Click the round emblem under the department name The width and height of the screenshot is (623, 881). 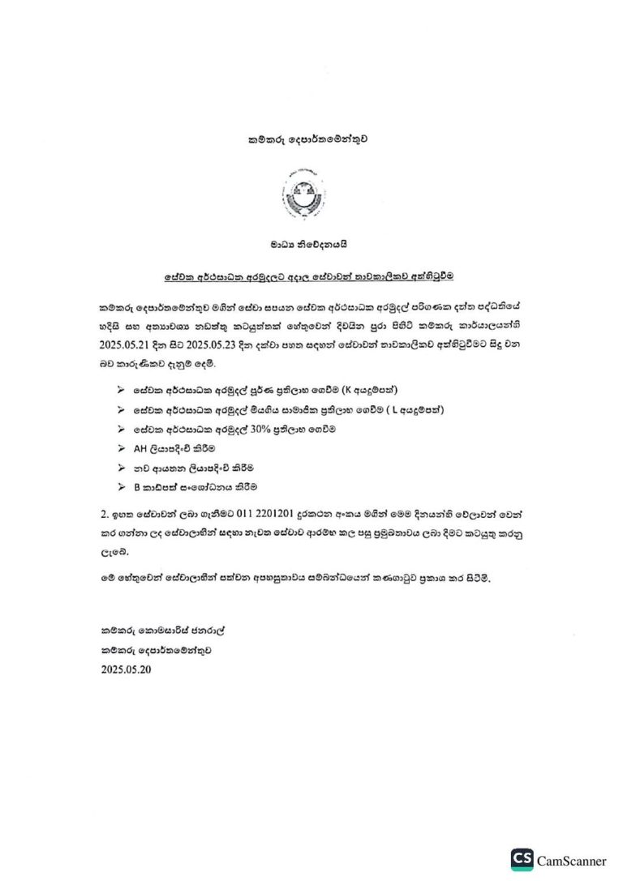click(311, 195)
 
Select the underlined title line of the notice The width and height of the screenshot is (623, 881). click(311, 276)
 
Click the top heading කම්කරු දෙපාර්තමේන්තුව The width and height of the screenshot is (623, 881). click(311, 139)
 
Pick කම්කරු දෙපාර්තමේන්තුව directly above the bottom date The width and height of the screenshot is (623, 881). click(159, 650)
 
